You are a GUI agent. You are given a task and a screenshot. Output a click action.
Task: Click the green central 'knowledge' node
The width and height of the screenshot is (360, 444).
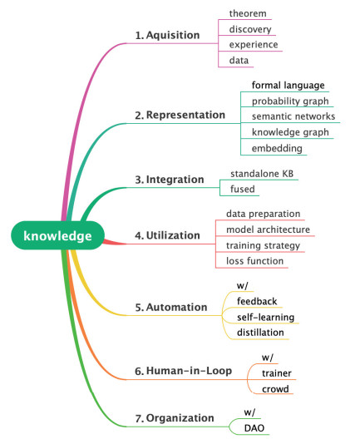coord(57,235)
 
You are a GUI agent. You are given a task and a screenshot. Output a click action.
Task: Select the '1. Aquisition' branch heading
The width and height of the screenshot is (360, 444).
coord(167,35)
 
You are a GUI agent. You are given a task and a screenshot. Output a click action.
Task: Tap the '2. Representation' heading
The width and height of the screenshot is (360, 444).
coord(180,115)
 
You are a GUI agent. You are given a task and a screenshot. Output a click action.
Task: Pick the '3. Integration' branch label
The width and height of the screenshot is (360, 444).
coord(170,180)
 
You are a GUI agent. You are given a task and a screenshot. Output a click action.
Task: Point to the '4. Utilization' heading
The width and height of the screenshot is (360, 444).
coord(167,235)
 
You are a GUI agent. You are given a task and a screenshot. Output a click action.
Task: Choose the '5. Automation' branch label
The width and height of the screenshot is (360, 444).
coord(171,308)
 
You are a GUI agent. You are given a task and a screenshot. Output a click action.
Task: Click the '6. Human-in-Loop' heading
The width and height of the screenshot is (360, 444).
coord(183,371)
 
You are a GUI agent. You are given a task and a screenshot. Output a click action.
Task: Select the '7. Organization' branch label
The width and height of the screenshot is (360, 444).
coord(175,418)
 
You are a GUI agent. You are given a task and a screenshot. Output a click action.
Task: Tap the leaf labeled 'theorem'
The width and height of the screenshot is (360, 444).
coord(248,13)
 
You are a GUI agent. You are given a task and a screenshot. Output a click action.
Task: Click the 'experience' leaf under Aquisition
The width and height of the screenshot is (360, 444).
coord(254,45)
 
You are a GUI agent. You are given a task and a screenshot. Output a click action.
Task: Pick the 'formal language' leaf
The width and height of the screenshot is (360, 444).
coord(288,86)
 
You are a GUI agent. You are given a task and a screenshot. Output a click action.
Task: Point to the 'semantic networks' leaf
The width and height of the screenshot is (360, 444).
coord(293,116)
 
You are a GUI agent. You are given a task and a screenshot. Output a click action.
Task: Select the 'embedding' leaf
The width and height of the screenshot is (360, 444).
coord(277,148)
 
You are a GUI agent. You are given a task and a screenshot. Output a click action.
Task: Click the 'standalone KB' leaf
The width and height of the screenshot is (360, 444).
coord(262,174)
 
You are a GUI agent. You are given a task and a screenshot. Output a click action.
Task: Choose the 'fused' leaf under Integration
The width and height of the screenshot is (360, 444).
coord(243,189)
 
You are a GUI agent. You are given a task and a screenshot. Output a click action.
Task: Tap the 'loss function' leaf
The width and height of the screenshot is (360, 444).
coord(254,261)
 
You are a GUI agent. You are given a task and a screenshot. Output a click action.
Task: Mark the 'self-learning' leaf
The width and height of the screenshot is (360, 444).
coord(266,318)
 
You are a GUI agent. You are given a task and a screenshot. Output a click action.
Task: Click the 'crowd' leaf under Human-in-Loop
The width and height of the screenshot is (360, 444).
coord(275,389)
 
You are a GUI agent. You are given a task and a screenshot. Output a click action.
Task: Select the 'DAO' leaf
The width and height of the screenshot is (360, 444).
coord(254,428)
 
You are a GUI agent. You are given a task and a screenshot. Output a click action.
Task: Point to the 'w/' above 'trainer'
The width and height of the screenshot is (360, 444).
coord(268,358)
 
